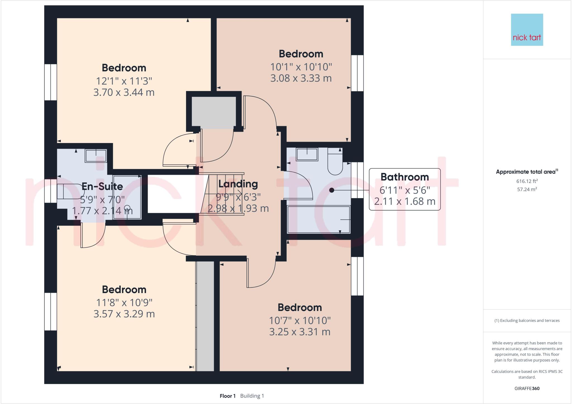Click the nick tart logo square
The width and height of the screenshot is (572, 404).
point(527,30)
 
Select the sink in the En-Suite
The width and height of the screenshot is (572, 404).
point(96,156)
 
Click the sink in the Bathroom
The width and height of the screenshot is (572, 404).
point(307,154)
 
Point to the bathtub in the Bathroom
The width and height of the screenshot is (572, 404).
point(319,220)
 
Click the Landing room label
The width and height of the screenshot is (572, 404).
point(238,184)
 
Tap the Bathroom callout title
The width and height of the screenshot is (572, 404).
point(404,177)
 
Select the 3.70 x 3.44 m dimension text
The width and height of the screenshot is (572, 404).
point(124,92)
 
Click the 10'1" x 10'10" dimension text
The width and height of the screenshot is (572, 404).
point(301,67)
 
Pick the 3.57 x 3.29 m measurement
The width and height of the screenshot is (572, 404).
point(124,314)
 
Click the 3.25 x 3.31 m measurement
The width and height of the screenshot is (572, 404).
point(300,332)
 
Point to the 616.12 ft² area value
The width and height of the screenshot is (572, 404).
point(527,181)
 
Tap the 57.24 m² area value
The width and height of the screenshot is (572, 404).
point(527,189)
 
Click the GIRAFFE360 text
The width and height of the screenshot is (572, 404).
point(527,388)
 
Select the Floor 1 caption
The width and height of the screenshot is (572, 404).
point(227,396)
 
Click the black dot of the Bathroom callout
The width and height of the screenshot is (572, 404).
point(332,190)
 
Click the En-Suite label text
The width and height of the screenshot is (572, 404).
point(102,187)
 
